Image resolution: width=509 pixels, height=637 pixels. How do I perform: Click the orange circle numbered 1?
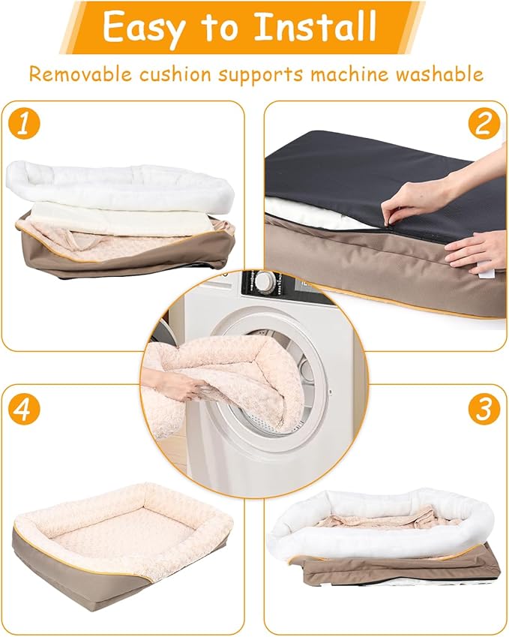[x=25, y=125]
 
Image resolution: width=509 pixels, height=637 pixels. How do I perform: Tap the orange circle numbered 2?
[x=484, y=125]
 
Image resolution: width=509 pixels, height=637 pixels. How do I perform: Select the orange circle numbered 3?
[x=484, y=410]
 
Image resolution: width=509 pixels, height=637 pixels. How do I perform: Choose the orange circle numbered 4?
[x=25, y=410]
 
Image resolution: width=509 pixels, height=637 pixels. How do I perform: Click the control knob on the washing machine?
[x=265, y=283]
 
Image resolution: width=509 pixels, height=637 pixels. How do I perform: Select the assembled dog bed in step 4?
[x=120, y=536]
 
